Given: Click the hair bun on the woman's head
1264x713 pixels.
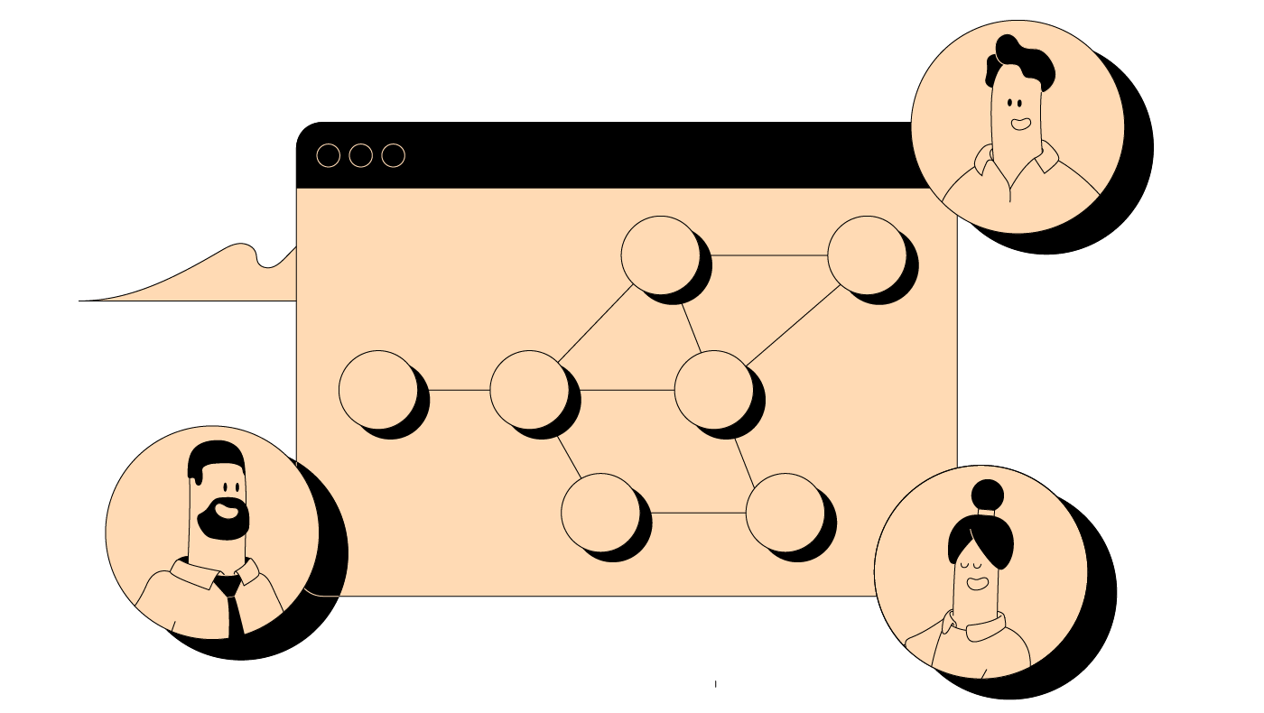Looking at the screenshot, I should [987, 495].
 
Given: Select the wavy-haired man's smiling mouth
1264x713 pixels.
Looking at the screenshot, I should [1020, 123].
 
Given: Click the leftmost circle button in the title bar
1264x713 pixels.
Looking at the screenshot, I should [329, 156].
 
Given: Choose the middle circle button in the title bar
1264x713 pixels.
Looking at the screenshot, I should [360, 156].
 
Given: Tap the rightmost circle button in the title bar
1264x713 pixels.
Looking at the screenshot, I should [393, 156].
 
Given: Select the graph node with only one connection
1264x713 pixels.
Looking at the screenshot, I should [378, 390].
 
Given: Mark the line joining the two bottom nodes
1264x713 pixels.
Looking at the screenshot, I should [697, 513].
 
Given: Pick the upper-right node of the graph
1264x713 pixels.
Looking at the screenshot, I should [867, 255].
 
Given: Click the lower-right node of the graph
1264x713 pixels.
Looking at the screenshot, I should [785, 512].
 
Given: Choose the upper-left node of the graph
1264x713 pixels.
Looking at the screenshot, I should [661, 255].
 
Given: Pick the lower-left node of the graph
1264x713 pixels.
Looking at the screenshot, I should [600, 512].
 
